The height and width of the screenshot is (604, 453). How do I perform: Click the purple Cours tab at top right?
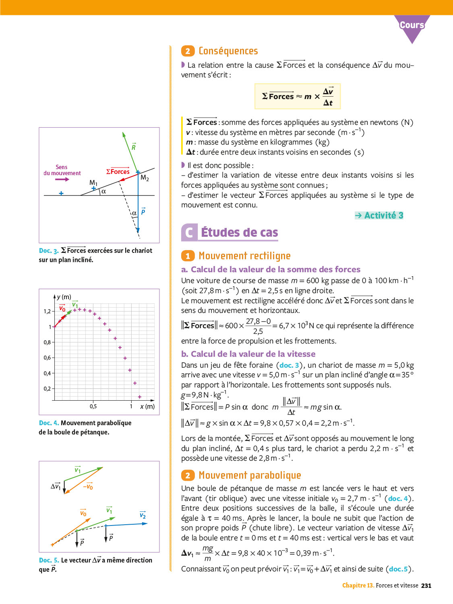pos(412,25)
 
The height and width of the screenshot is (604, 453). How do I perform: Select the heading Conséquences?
pos(228,51)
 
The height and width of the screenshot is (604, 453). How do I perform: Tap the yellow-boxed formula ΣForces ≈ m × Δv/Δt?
pos(298,97)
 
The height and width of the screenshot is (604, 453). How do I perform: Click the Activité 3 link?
pos(379,215)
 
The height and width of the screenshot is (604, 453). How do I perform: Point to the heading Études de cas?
pos(239,233)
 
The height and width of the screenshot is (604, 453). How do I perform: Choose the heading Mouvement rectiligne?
pos(244,256)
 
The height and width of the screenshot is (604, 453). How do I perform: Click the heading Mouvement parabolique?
pos(250,476)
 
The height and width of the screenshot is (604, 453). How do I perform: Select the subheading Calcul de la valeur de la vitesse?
pos(253,354)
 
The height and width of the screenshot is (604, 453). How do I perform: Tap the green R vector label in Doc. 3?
pos(134,147)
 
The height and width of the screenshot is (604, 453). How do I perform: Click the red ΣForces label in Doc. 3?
pos(118,172)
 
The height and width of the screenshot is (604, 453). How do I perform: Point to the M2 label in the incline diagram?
pos(145,178)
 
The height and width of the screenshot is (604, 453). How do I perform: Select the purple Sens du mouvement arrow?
pos(62,179)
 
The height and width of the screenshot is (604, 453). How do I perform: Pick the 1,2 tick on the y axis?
pos(47,311)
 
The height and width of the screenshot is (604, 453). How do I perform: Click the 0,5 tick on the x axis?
pos(93,406)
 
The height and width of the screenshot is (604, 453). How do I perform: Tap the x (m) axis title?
pos(147,406)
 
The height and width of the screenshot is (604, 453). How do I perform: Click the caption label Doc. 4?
pos(49,423)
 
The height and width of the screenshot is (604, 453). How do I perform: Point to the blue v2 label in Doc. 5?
pos(143,515)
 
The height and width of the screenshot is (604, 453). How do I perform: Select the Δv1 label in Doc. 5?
pos(56,486)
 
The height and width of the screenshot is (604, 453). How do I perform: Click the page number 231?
pos(426,585)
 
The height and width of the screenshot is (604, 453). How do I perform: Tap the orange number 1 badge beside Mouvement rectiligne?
pos(188,256)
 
